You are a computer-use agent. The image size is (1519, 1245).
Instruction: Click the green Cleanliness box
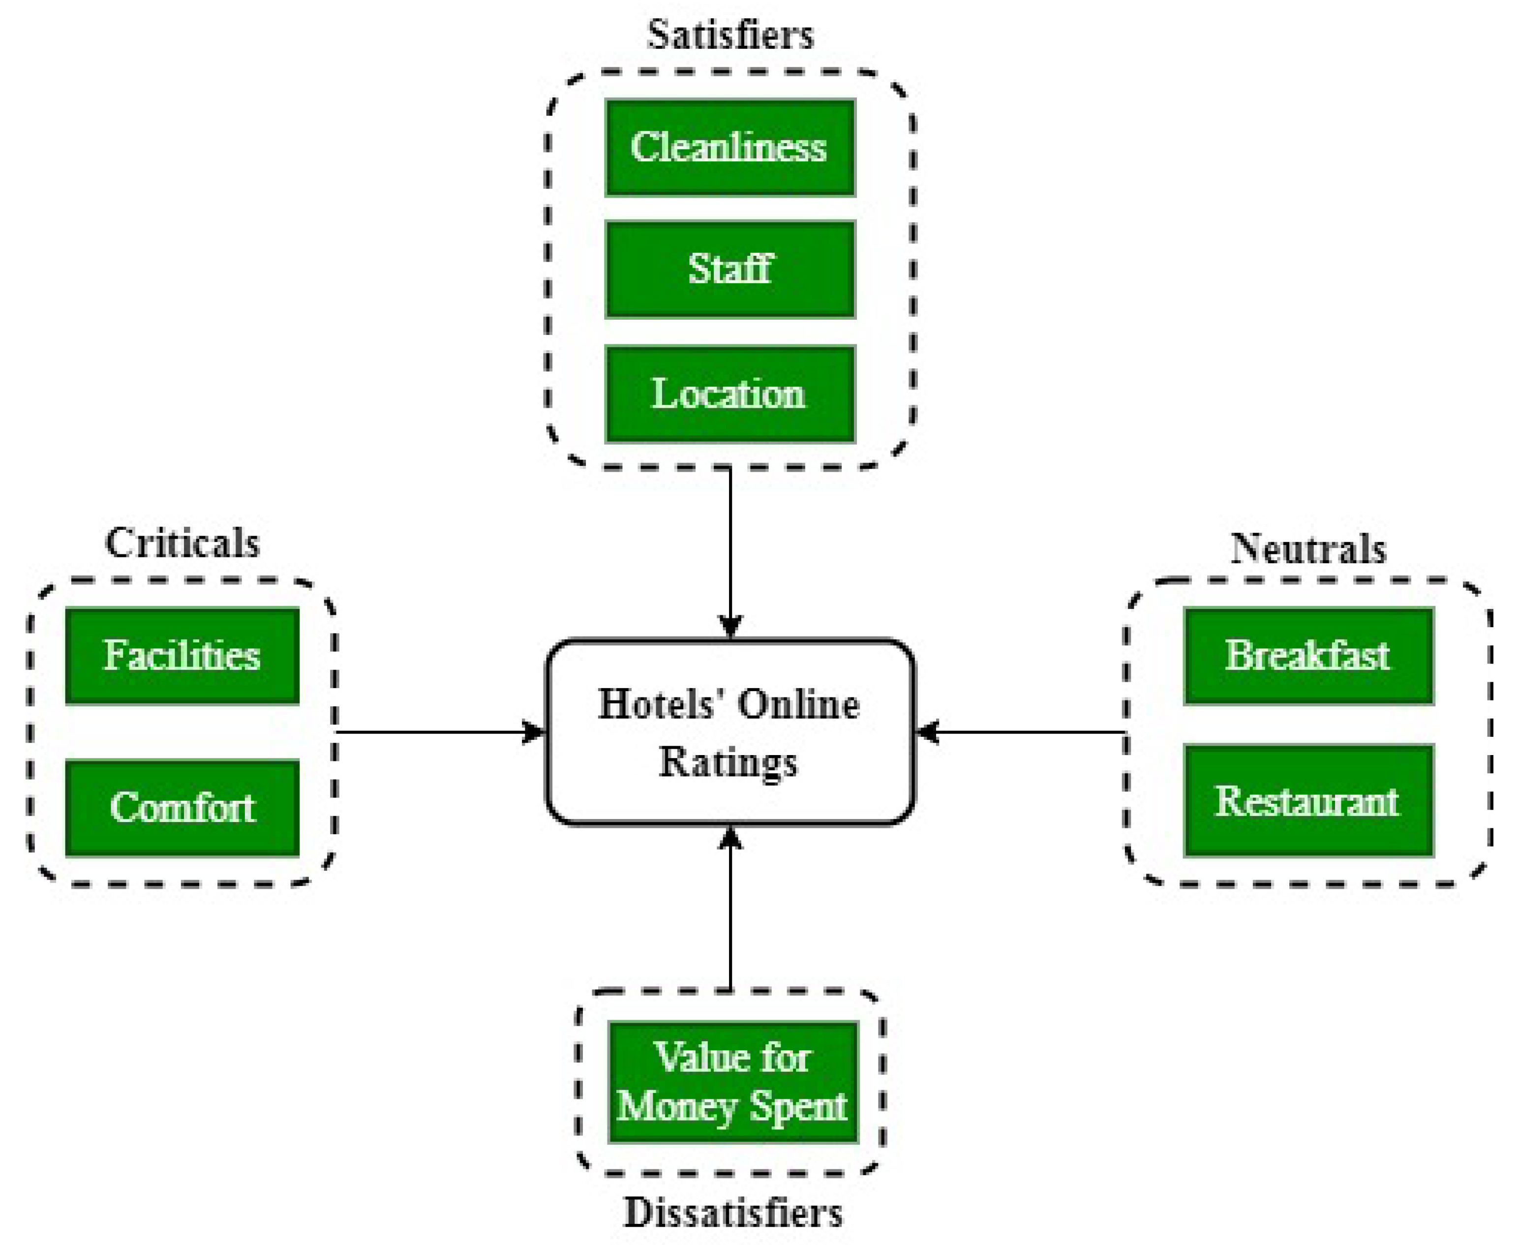click(x=729, y=148)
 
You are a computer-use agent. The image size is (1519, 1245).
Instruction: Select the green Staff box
click(x=729, y=270)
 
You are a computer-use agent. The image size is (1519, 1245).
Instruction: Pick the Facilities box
click(x=182, y=656)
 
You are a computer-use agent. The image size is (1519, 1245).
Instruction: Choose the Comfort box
click(x=182, y=808)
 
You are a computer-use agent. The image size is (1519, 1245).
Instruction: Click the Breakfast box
click(x=1307, y=656)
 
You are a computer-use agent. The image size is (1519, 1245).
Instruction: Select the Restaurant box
click(x=1307, y=800)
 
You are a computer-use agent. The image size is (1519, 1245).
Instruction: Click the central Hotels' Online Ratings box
click(x=729, y=731)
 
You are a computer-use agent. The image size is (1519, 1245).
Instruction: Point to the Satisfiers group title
click(x=729, y=34)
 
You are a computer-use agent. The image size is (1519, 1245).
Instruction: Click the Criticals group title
click(x=182, y=543)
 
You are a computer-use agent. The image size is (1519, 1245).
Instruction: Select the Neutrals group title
click(x=1307, y=548)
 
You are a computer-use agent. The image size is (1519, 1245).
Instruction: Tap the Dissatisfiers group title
click(x=732, y=1213)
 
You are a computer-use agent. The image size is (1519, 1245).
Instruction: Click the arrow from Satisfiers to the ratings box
click(x=729, y=552)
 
